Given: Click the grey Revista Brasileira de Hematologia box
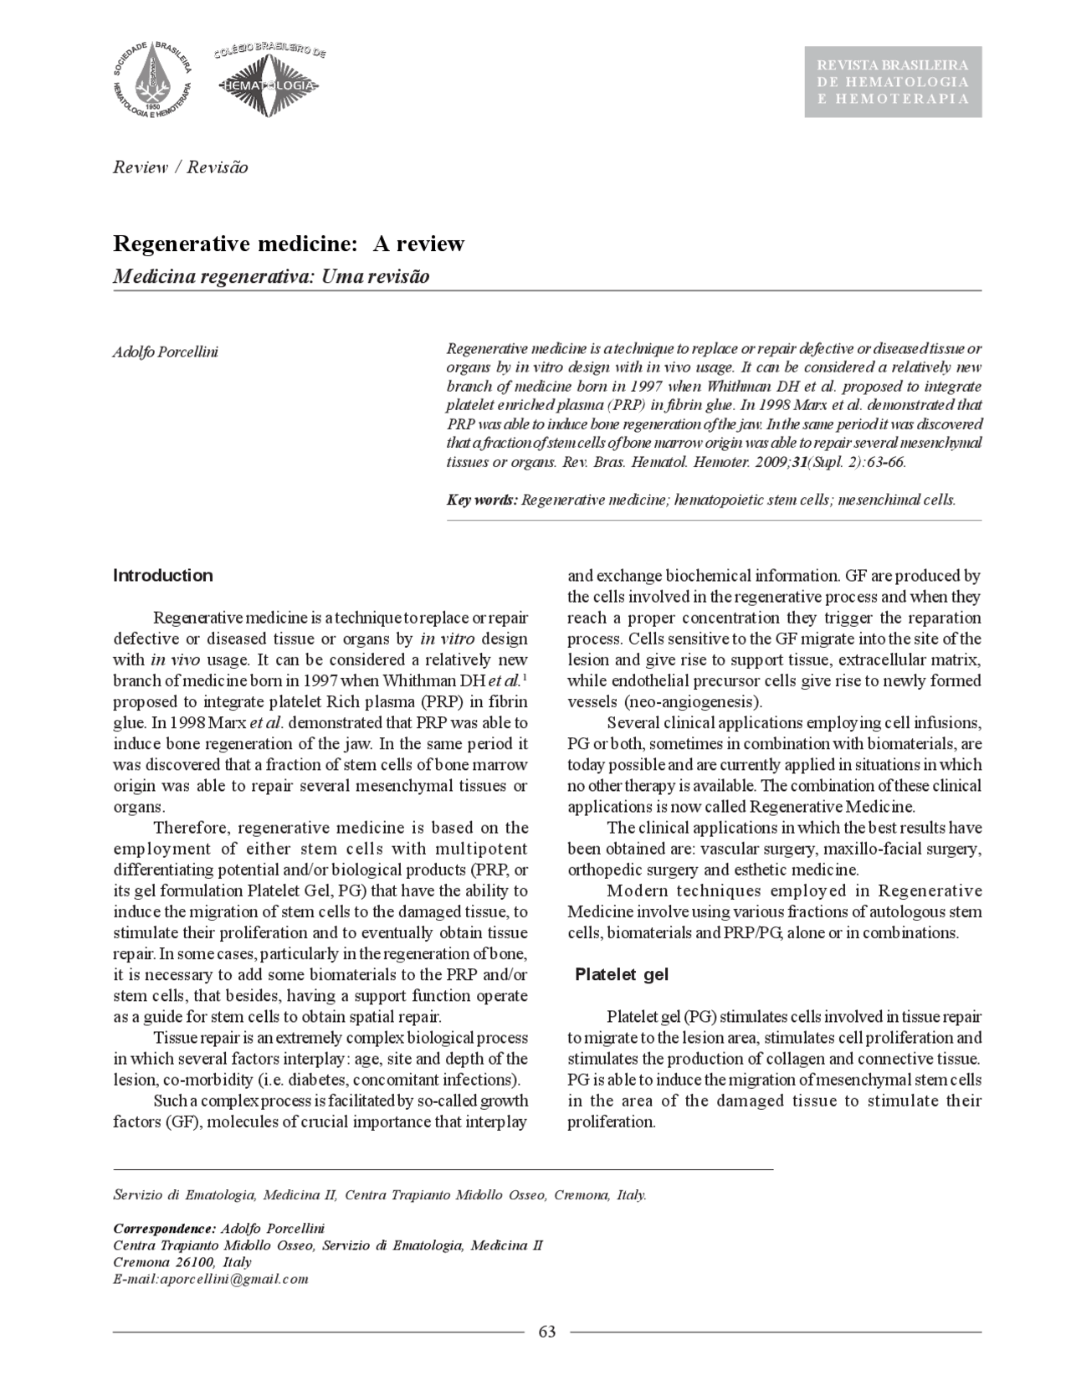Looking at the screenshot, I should pyautogui.click(x=893, y=82).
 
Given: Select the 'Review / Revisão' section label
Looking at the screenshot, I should pyautogui.click(x=181, y=167).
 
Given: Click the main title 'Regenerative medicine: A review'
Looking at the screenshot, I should pyautogui.click(x=289, y=244).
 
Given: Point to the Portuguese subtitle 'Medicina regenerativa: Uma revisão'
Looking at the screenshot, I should pyautogui.click(x=271, y=276).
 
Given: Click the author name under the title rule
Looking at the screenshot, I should pyautogui.click(x=166, y=352).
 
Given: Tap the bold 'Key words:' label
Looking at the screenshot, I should pyautogui.click(x=482, y=501).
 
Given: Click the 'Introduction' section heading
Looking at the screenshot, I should pyautogui.click(x=163, y=576).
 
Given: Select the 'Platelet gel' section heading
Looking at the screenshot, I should pyautogui.click(x=621, y=975).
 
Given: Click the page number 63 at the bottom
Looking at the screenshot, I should pyautogui.click(x=547, y=1332).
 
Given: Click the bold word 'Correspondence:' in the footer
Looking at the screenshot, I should pyautogui.click(x=164, y=1229).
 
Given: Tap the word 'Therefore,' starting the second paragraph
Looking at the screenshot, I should pyautogui.click(x=192, y=828).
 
